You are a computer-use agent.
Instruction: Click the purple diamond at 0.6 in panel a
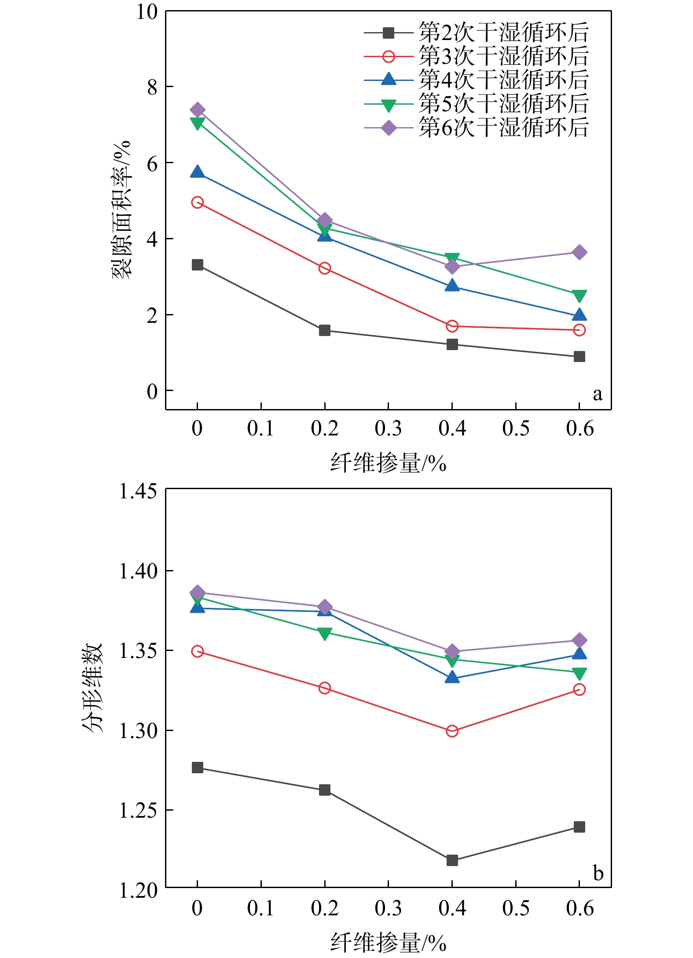[x=579, y=252]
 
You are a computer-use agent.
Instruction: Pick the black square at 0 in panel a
[x=198, y=265]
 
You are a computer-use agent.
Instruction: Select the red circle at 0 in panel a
[x=198, y=202]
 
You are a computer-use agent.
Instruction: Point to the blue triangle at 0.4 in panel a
[x=452, y=286]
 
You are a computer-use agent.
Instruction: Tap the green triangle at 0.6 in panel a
[x=579, y=296]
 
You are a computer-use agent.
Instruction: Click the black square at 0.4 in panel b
[x=452, y=860]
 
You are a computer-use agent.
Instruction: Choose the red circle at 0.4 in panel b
[x=452, y=731]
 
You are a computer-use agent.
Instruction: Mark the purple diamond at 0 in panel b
[x=198, y=592]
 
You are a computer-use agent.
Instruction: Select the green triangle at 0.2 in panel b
[x=325, y=633]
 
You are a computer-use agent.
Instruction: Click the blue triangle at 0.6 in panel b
[x=579, y=654]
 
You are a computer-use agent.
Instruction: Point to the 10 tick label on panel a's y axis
[x=147, y=12]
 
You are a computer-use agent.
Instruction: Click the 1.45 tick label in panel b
[x=138, y=491]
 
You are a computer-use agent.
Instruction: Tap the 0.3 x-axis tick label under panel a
[x=388, y=428]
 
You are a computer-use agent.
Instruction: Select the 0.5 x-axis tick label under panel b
[x=516, y=908]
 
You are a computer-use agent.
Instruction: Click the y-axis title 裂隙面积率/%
[x=121, y=210]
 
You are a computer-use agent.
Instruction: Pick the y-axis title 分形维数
[x=92, y=687]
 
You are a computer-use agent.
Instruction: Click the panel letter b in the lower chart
[x=598, y=873]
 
